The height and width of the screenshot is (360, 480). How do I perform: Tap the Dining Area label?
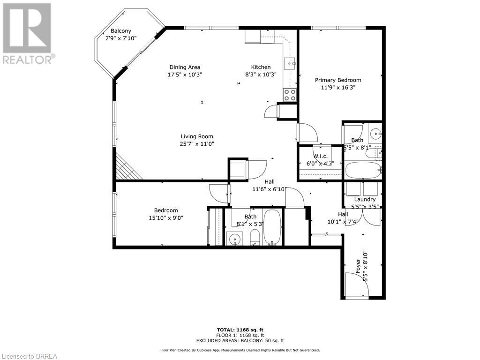[x=185, y=67]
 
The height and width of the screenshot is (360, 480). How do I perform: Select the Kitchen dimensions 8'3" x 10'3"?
[x=261, y=74]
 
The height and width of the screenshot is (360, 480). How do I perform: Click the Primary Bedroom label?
[x=337, y=80]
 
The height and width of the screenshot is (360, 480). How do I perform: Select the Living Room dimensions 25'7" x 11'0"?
[x=197, y=144]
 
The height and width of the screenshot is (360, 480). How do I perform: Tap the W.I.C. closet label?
[x=320, y=156]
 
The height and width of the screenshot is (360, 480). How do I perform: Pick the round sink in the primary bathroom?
[x=375, y=134]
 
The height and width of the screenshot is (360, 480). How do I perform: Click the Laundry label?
[x=365, y=199]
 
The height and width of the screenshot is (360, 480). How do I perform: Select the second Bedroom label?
[x=166, y=210]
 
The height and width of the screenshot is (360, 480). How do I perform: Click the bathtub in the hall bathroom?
[x=272, y=227]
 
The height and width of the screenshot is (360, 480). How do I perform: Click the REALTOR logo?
[x=27, y=33]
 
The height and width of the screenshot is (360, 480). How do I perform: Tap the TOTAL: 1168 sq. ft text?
[x=240, y=330]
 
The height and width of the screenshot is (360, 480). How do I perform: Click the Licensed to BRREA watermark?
[x=29, y=356]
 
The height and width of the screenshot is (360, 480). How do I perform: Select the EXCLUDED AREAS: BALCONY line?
[x=240, y=341]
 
